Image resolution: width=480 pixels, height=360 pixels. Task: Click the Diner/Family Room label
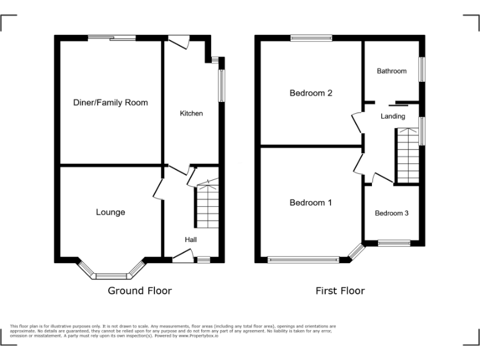[x=110, y=102]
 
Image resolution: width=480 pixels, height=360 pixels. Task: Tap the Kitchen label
[x=191, y=113]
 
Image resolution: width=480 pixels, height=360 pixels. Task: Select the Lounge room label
[x=110, y=212]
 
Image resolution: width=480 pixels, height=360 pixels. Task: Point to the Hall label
[x=191, y=239]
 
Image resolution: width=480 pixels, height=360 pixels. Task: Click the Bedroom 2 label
[x=311, y=93]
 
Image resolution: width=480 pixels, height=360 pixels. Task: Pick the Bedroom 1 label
[x=311, y=202]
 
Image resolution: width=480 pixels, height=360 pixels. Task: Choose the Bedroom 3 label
[x=392, y=213]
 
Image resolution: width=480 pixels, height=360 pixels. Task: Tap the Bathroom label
[x=392, y=71]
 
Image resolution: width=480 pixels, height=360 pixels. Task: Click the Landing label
[x=393, y=116]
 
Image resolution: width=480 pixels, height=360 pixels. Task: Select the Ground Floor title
[x=139, y=291]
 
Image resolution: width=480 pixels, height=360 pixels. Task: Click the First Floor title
[x=339, y=291]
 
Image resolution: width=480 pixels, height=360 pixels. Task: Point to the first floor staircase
[x=407, y=154]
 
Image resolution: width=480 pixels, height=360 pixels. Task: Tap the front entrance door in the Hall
[x=182, y=255]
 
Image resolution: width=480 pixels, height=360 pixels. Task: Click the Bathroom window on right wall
[x=422, y=69]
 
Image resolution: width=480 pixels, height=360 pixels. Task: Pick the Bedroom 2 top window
[x=311, y=38]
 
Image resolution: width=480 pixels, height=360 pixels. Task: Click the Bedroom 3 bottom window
[x=394, y=243]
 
